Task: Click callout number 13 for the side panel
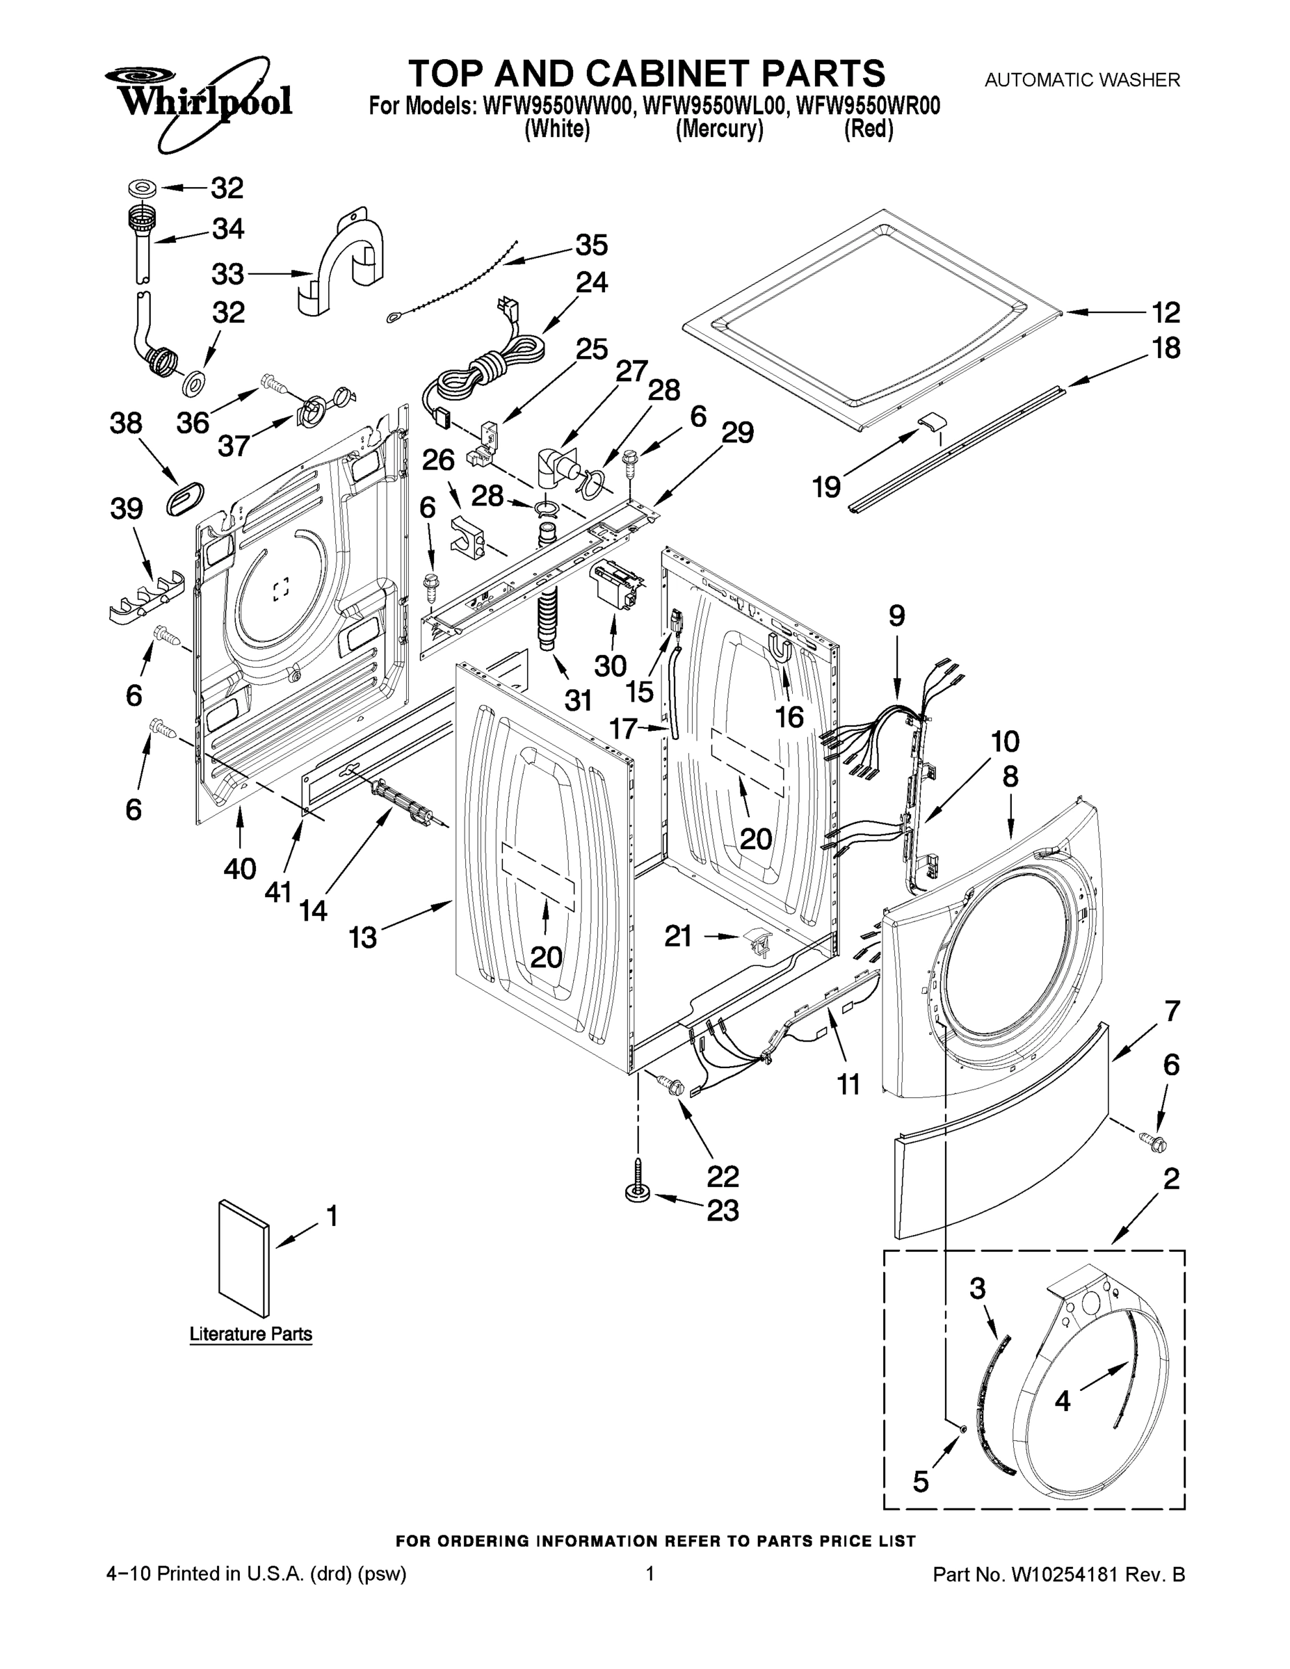[x=363, y=937]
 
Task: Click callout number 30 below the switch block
[x=610, y=666]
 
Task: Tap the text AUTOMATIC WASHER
[x=1081, y=79]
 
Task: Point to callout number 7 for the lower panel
[x=1172, y=1012]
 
